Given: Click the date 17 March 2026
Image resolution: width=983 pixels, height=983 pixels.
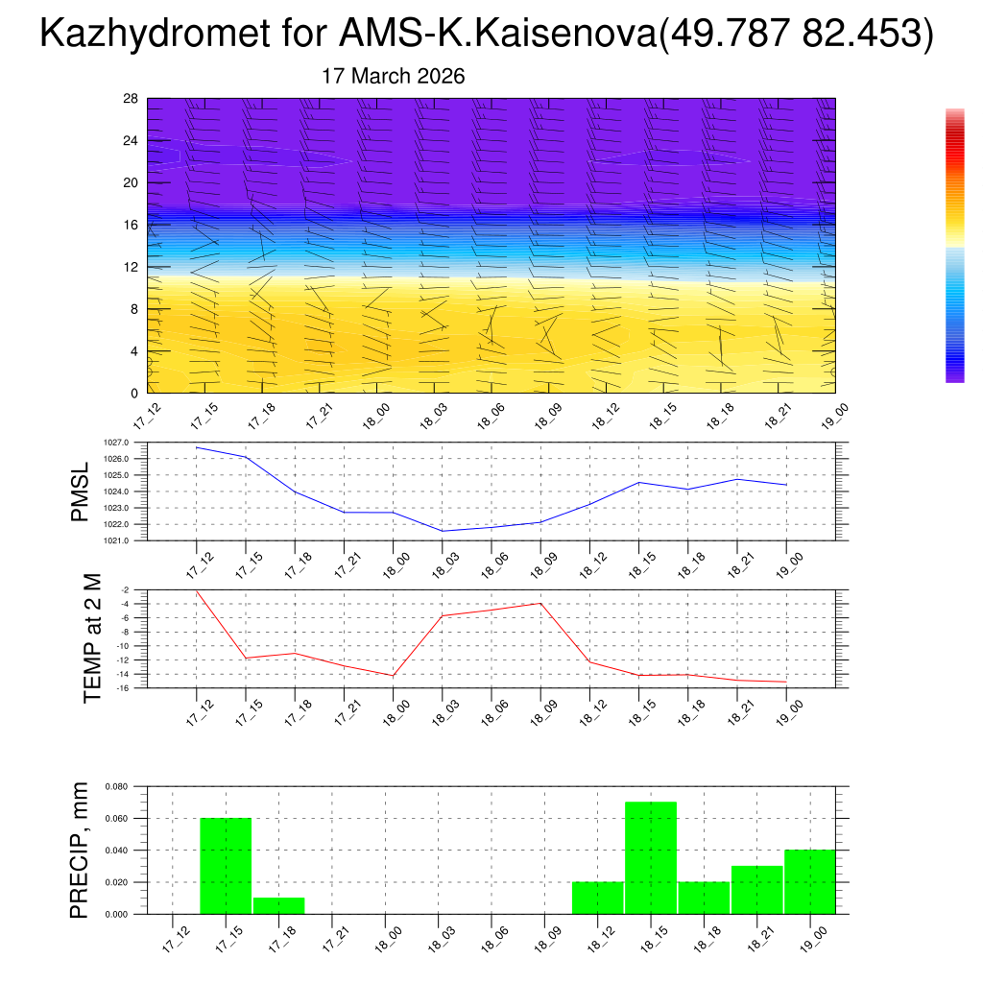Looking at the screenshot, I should coord(394,77).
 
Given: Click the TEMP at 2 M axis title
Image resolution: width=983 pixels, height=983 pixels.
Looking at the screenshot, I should coord(92,638).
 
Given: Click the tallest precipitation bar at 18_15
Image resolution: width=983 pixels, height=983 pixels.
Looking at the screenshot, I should coord(650,857).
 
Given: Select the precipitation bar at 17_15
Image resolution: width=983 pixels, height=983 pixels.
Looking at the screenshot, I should coord(226,866).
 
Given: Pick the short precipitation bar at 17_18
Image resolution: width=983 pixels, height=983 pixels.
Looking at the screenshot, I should coord(278,905).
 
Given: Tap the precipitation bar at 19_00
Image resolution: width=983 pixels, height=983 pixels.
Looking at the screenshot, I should coord(809,881).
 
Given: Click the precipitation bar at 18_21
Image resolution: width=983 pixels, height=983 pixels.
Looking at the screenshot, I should coord(756,890).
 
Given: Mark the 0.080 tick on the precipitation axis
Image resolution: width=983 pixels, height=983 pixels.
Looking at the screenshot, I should coord(116,787).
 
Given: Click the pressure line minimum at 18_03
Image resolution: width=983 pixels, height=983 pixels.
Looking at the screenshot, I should coord(443,531).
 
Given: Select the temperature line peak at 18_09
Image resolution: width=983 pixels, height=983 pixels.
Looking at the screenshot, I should coord(540,603).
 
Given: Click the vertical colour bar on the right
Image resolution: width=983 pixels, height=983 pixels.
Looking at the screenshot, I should coord(954,246).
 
